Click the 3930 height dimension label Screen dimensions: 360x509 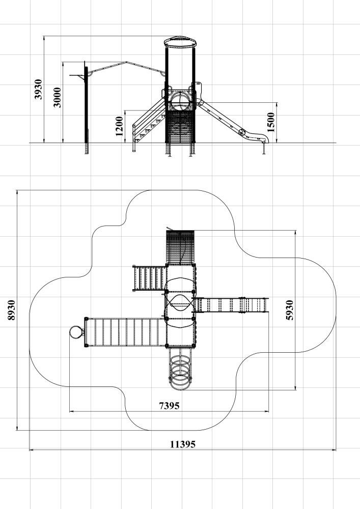click(x=38, y=89)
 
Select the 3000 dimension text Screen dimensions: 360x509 click(x=57, y=97)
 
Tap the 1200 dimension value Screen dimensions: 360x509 click(x=119, y=126)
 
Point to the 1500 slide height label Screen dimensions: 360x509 click(x=271, y=122)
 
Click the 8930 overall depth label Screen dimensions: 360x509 click(x=11, y=309)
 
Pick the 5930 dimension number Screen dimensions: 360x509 click(x=289, y=310)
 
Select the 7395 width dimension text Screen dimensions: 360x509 click(x=169, y=406)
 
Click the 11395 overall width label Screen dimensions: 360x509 click(x=183, y=444)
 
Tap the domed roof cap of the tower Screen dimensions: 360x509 click(x=180, y=42)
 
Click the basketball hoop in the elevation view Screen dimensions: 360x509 click(x=78, y=76)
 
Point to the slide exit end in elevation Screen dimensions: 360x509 click(x=263, y=139)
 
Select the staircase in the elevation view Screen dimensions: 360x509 click(x=149, y=122)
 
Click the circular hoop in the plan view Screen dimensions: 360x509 click(x=76, y=332)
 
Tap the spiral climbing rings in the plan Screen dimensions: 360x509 click(x=180, y=369)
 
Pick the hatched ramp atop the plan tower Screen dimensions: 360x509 click(x=180, y=247)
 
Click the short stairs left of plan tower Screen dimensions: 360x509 click(x=149, y=278)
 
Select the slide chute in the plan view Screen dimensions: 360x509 click(x=231, y=305)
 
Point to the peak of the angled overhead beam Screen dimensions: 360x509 click(x=126, y=62)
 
